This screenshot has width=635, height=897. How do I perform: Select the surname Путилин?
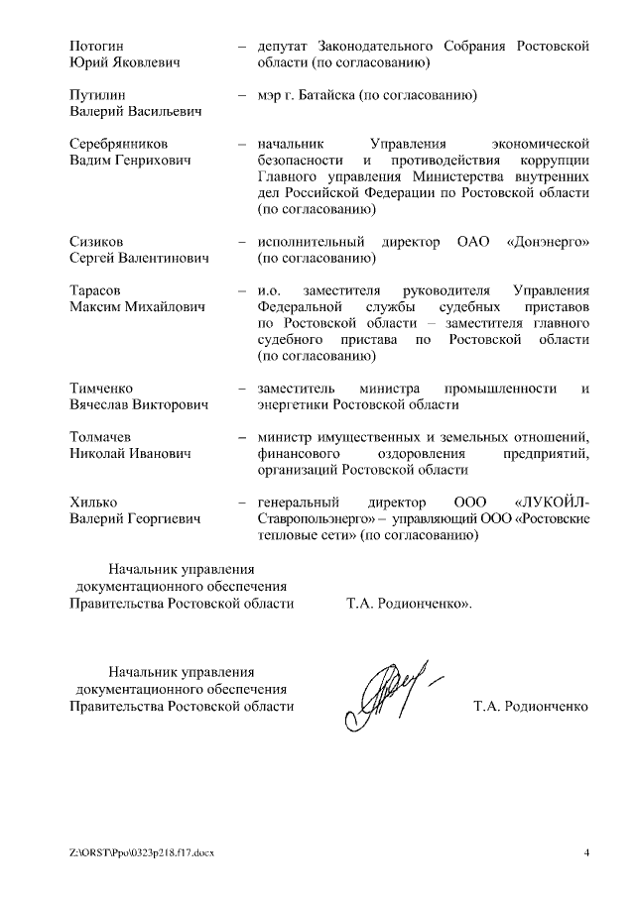(x=97, y=95)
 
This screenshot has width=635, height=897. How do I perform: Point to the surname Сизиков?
(x=96, y=242)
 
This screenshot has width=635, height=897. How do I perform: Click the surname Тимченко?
(x=101, y=388)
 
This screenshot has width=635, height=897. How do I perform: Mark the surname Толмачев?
(x=100, y=436)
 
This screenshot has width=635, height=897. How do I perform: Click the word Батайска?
(x=342, y=95)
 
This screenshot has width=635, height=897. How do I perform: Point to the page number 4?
(x=586, y=852)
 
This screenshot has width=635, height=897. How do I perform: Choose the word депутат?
(x=283, y=47)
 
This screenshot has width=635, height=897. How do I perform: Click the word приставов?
(x=556, y=306)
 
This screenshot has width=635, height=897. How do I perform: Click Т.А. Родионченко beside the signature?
(x=531, y=707)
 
